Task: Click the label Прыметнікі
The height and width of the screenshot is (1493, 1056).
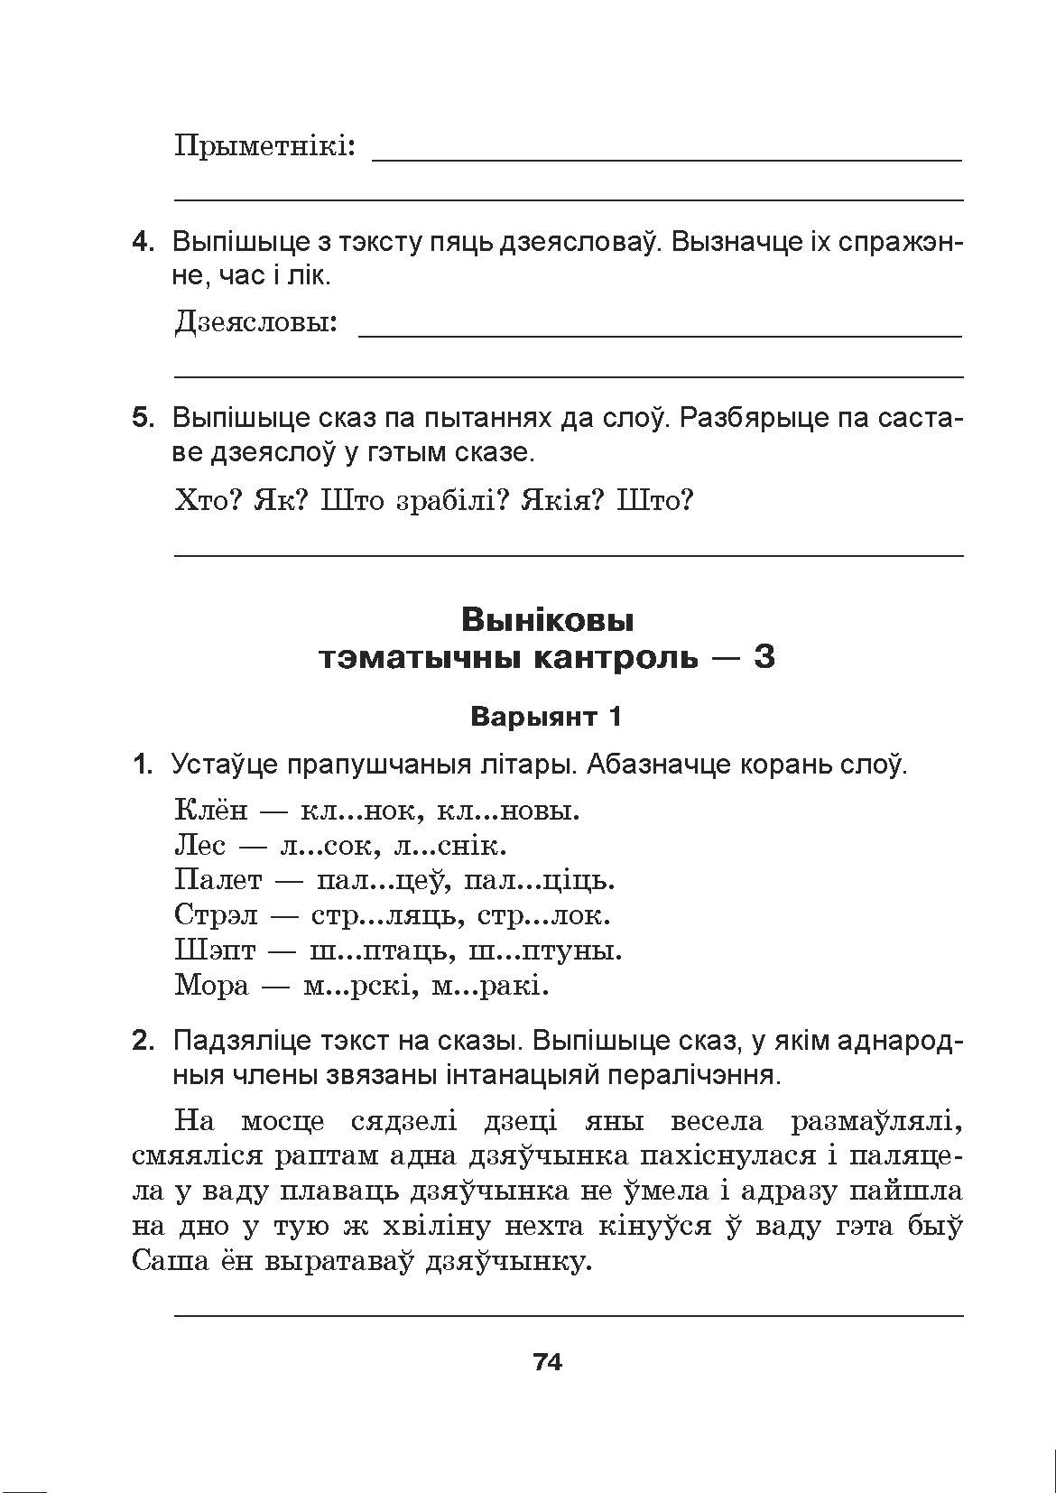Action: (x=264, y=146)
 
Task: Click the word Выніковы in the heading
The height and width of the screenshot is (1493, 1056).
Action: (x=547, y=620)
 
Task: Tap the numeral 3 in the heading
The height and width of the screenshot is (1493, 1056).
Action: (x=764, y=658)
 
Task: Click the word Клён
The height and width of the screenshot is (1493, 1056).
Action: (x=210, y=810)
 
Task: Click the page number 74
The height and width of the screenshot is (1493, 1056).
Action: (x=548, y=1362)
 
